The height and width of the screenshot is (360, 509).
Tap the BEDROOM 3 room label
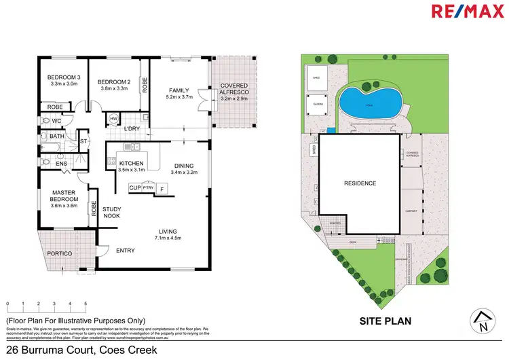[x=63, y=78]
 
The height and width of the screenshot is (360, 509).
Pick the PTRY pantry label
[x=149, y=187]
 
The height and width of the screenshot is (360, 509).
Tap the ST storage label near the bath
[x=84, y=141]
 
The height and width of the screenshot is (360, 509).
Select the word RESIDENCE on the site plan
[x=359, y=183]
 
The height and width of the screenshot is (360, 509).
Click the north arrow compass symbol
[x=483, y=321]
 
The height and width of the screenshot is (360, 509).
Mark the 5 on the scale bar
[x=86, y=304]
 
